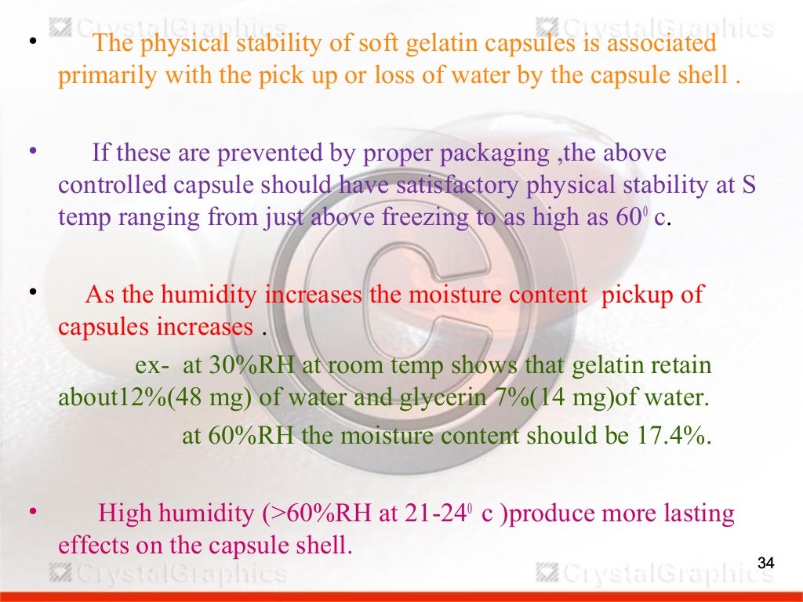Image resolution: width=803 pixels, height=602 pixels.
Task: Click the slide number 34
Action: [765, 563]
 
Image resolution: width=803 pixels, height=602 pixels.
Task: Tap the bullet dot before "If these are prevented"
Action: [33, 147]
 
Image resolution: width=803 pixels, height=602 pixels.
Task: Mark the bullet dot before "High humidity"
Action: [33, 511]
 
